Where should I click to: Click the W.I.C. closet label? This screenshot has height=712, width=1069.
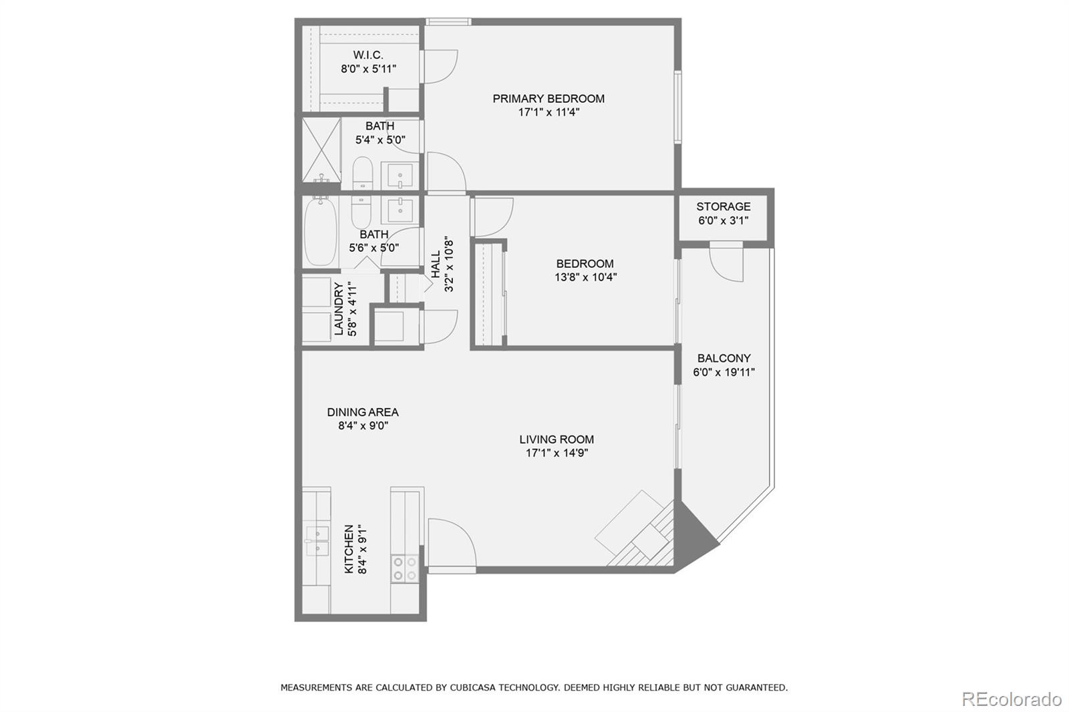[368, 55]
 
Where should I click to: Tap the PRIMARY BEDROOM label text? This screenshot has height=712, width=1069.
[549, 99]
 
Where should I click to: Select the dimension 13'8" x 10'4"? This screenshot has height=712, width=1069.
[585, 277]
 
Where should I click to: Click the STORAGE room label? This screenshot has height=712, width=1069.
[723, 207]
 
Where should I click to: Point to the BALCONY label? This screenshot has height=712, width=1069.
[724, 359]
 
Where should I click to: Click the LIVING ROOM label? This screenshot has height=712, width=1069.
[557, 439]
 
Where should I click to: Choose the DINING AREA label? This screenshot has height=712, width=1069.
[363, 413]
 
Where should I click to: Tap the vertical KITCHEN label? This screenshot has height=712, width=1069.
[349, 549]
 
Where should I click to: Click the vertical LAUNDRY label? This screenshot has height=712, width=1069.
[339, 309]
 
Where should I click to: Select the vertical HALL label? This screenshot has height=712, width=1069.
[436, 265]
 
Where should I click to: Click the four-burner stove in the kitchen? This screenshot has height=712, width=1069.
[405, 568]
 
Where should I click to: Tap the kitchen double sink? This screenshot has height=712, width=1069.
[317, 542]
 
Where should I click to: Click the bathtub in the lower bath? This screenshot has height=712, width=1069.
[320, 232]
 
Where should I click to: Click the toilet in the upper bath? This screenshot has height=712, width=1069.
[362, 174]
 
